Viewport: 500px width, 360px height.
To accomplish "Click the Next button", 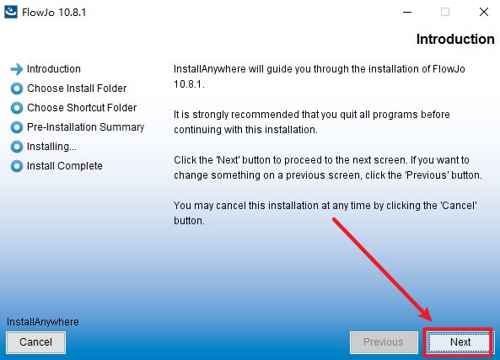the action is [460, 342].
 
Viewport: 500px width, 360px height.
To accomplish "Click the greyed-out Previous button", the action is [384, 342].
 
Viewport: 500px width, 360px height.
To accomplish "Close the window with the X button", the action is [484, 12].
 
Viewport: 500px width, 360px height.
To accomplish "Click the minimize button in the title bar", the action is [407, 13].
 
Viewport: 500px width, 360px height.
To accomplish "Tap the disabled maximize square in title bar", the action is [445, 12].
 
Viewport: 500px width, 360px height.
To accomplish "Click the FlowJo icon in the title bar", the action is [11, 12].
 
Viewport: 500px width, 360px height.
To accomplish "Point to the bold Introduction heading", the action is [455, 40].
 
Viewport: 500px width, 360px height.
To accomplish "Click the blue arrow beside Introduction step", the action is [17, 69].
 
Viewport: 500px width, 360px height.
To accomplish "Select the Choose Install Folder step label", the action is [77, 89].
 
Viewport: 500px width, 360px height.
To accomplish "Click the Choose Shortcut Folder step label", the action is [82, 108].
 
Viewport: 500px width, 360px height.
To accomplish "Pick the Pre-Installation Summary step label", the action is [85, 127].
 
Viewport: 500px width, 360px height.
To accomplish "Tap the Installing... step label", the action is [51, 147].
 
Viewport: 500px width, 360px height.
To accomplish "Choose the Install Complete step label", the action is [65, 166].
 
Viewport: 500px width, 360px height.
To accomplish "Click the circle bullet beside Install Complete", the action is [17, 166].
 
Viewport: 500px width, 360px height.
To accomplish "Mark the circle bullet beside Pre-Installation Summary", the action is [17, 127].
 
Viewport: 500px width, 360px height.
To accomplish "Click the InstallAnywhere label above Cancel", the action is [43, 322].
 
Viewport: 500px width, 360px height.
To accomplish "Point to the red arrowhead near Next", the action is [426, 314].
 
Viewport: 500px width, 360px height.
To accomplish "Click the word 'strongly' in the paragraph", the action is [211, 115].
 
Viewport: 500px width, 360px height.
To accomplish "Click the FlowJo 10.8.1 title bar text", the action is [54, 13].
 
